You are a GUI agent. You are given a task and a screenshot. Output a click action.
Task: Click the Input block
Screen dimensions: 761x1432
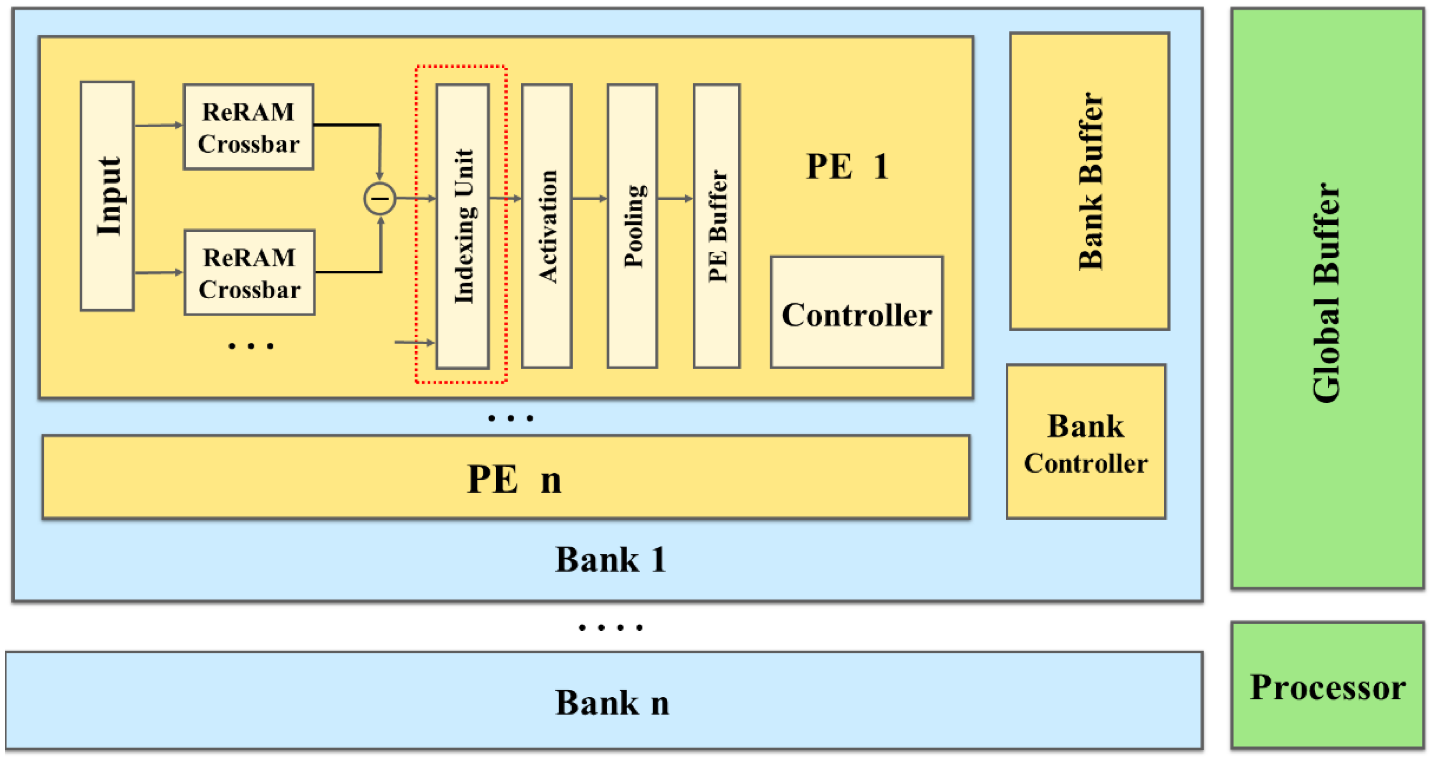107,196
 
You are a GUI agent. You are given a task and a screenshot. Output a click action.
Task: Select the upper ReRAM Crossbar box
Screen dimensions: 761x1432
248,127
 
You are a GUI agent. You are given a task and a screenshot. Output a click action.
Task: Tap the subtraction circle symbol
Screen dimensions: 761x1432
380,198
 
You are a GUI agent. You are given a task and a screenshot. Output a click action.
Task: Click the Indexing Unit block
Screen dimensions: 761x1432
463,226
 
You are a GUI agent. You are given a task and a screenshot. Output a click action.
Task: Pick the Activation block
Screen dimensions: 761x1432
546,226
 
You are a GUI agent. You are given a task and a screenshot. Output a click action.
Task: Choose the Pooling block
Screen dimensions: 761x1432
632,226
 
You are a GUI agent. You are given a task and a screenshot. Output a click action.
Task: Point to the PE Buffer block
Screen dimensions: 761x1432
717,226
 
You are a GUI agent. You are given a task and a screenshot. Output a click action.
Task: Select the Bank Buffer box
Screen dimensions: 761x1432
1089,181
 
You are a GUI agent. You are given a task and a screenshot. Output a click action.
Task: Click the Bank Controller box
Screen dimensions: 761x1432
1085,442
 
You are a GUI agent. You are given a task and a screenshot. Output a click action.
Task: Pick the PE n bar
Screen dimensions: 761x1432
506,478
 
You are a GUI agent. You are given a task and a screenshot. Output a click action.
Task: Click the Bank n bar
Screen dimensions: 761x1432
604,701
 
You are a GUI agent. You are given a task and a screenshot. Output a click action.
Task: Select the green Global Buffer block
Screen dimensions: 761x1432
1327,297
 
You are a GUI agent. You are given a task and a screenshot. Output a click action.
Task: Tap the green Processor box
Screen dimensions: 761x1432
1327,686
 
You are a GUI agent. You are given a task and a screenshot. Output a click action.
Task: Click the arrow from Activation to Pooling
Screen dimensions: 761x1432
589,198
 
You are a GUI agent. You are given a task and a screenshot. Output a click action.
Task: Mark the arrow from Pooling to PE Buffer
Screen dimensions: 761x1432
675,198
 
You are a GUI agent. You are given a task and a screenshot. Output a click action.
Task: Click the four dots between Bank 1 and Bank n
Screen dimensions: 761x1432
610,628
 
